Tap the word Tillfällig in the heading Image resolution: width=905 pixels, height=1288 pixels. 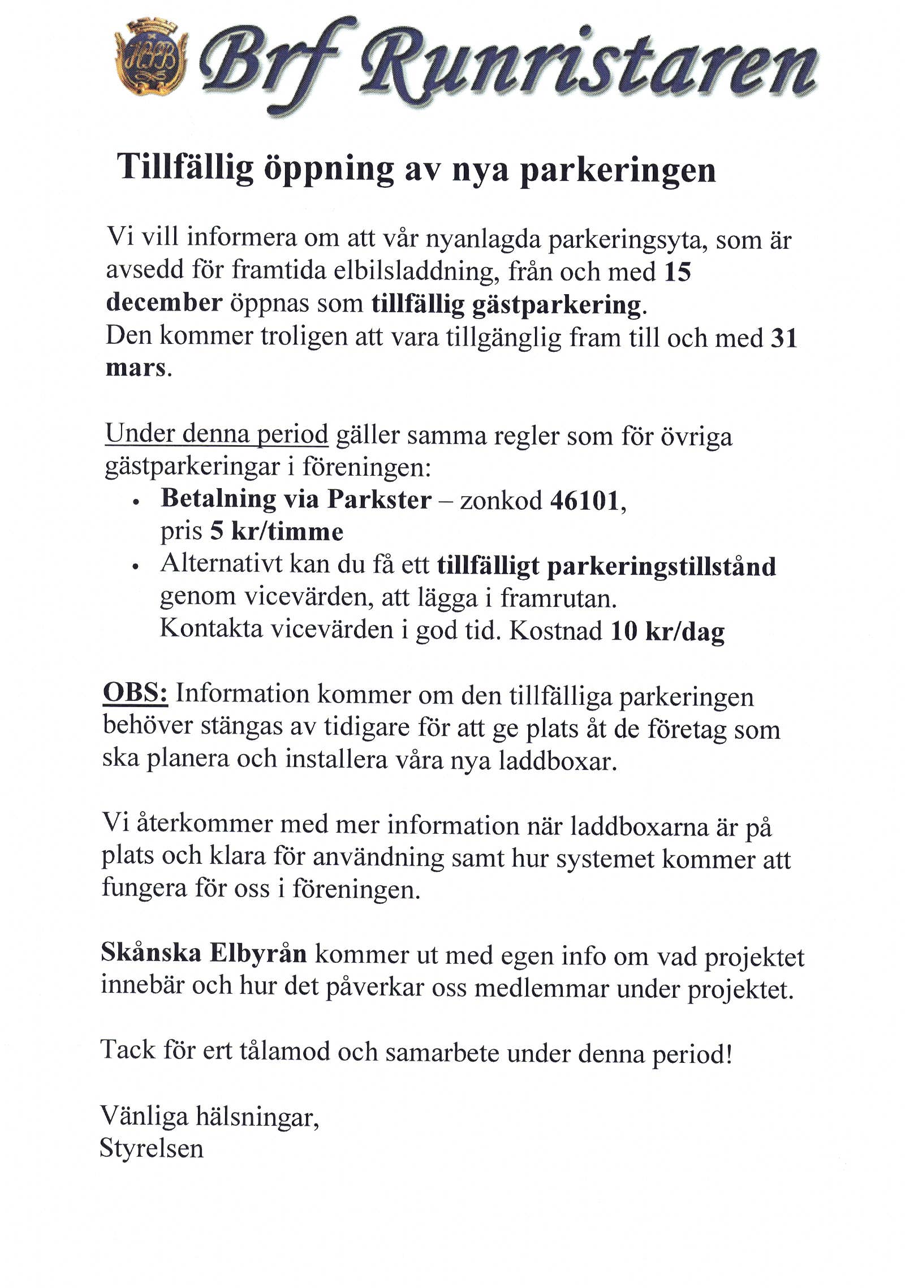point(185,167)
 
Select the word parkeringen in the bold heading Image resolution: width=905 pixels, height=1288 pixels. point(618,171)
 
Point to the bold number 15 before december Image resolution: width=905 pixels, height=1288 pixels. point(678,272)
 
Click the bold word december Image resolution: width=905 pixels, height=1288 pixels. point(164,303)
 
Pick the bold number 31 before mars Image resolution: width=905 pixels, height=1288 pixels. point(784,338)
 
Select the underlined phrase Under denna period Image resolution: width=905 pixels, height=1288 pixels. point(217,434)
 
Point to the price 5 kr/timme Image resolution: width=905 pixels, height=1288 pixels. point(277,532)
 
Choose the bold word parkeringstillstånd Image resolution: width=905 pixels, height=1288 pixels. point(661,567)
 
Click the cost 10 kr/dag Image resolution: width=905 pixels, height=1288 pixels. point(667,631)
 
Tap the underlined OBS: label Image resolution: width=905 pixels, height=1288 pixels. point(135,693)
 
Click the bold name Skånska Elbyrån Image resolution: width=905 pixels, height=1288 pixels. point(204,953)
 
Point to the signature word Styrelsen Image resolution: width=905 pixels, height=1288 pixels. point(151,1149)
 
